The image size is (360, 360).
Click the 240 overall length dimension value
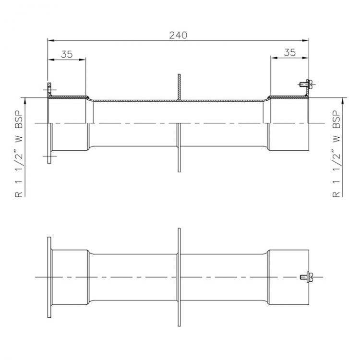(x=178, y=35)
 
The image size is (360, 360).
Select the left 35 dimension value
(x=67, y=54)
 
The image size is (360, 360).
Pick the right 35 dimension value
(x=289, y=53)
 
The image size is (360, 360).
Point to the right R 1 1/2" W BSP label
(x=337, y=154)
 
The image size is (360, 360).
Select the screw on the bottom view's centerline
(x=305, y=277)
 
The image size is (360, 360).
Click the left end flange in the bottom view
(x=49, y=277)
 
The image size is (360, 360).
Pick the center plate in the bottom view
(x=179, y=277)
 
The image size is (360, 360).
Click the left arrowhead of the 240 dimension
(x=49, y=40)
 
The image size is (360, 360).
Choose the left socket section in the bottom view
(x=70, y=277)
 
